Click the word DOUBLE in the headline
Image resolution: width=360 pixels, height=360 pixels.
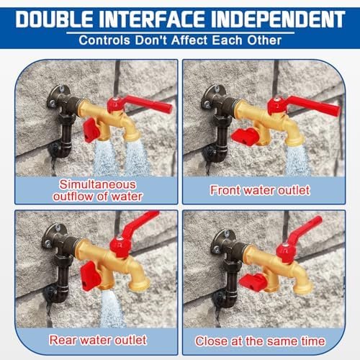tap(54, 19)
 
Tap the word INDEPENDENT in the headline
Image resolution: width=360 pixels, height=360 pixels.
tap(278, 19)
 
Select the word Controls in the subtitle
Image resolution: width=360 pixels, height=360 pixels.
tap(104, 40)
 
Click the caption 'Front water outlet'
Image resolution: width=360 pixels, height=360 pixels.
tap(260, 190)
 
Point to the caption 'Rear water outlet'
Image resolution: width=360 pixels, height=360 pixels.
tap(98, 340)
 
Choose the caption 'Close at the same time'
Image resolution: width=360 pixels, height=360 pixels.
tap(260, 341)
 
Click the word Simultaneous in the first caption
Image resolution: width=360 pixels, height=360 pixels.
tap(98, 184)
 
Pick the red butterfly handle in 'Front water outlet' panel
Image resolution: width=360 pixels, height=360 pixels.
tap(245, 136)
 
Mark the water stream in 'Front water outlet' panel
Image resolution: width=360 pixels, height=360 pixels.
tap(297, 160)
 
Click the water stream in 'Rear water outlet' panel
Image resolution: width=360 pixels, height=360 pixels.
tap(112, 307)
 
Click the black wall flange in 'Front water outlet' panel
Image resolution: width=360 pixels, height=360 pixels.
tap(214, 96)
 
